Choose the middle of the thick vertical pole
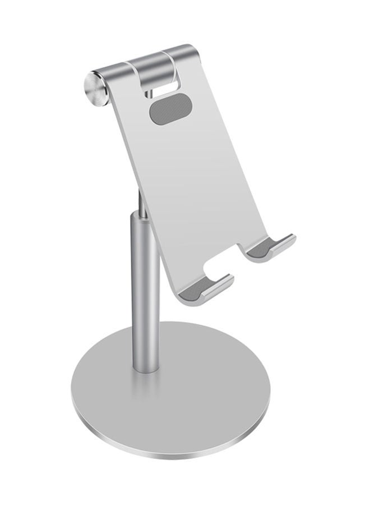click(x=145, y=292)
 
